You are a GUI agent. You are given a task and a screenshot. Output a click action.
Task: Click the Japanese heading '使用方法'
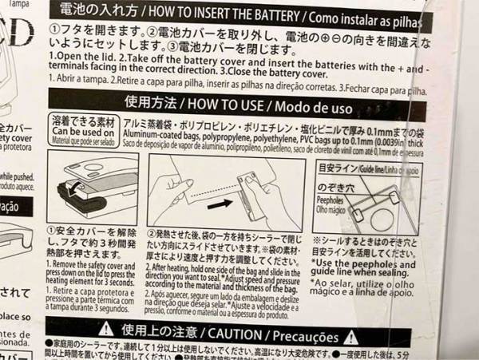point(152,102)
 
